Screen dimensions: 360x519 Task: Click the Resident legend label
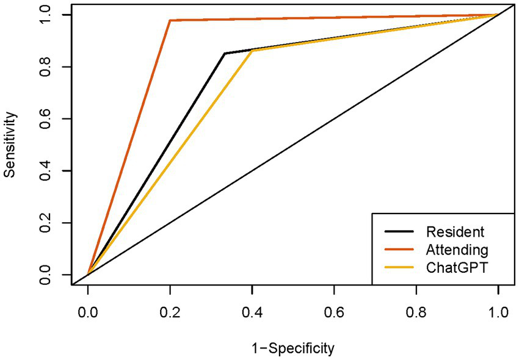[455, 232]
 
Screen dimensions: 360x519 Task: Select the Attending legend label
[457, 250]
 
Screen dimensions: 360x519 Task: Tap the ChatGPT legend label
[457, 267]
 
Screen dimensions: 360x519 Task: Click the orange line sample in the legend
[399, 250]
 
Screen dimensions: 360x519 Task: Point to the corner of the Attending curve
[170, 20]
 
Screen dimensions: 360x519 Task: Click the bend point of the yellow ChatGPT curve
[252, 51]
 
